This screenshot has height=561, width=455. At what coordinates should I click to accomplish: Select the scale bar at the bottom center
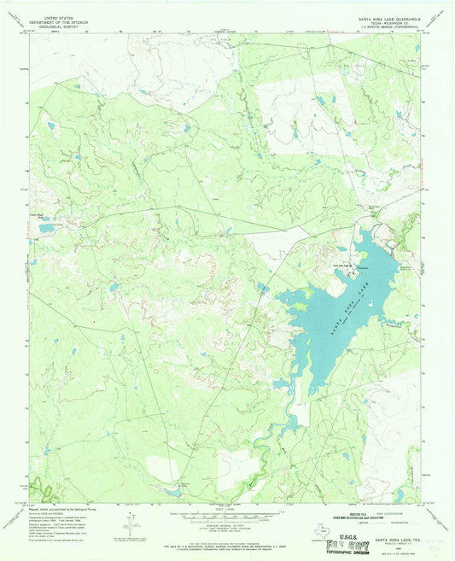click(x=226, y=515)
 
